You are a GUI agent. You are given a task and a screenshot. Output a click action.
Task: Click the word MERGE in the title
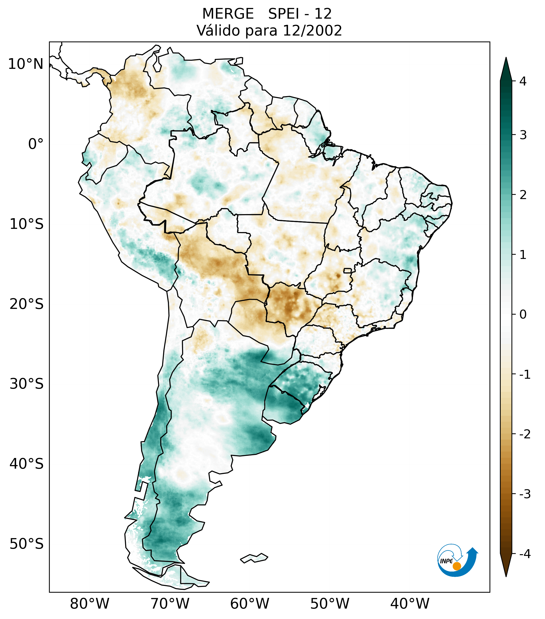228,14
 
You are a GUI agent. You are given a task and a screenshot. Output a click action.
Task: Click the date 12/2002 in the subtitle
312,31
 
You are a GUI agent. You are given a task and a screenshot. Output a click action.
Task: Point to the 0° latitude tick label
36,144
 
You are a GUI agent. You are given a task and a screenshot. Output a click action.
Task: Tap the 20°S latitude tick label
27,304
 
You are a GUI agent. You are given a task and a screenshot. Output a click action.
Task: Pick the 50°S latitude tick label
27,544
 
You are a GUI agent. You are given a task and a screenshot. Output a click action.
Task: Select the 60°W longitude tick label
249,604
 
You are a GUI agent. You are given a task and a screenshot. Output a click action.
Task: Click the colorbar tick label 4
523,81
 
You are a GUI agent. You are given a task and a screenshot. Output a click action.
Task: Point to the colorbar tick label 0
523,315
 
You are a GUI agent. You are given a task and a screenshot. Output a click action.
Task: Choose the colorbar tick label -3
525,494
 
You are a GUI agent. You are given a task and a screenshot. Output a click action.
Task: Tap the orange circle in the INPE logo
456,566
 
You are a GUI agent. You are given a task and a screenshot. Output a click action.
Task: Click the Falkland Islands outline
254,558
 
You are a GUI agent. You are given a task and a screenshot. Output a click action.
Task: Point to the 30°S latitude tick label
27,384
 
